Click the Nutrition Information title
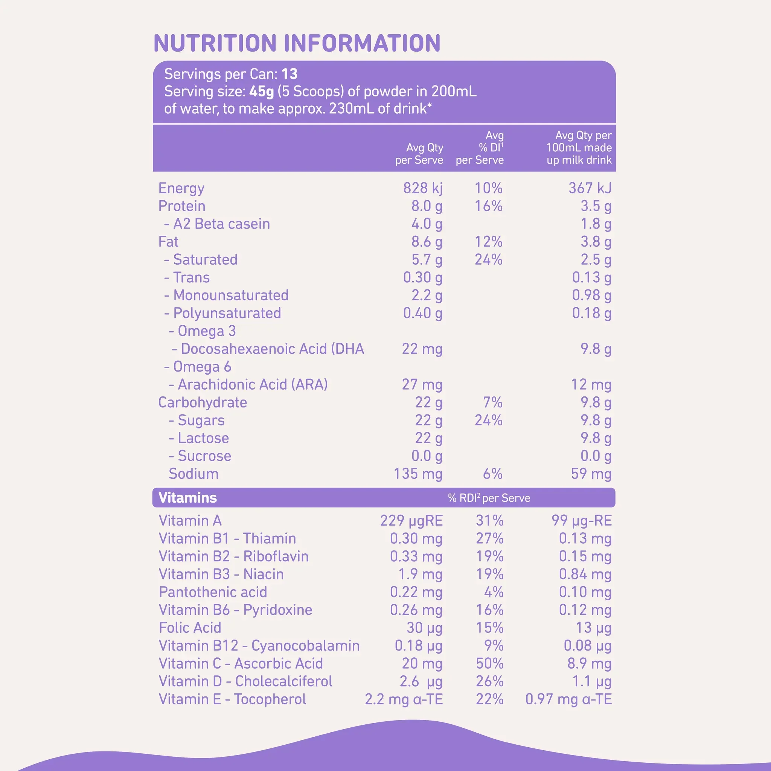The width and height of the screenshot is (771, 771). click(297, 43)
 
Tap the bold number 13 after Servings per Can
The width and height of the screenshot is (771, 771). click(290, 74)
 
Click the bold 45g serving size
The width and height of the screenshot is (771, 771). click(261, 92)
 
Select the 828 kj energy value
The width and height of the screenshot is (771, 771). click(423, 188)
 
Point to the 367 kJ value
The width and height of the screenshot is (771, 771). click(590, 188)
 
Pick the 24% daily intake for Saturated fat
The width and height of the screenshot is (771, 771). click(488, 260)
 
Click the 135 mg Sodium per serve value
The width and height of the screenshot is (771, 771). click(418, 474)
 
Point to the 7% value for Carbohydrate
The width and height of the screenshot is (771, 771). click(492, 403)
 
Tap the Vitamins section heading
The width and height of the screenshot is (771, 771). click(187, 498)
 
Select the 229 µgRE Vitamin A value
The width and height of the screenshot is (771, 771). click(411, 521)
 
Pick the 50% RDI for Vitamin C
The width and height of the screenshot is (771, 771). click(489, 664)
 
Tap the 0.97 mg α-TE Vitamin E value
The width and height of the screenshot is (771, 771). click(568, 699)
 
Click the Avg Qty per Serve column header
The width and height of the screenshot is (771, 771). click(419, 154)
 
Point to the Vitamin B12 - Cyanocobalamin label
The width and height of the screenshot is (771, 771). click(259, 646)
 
